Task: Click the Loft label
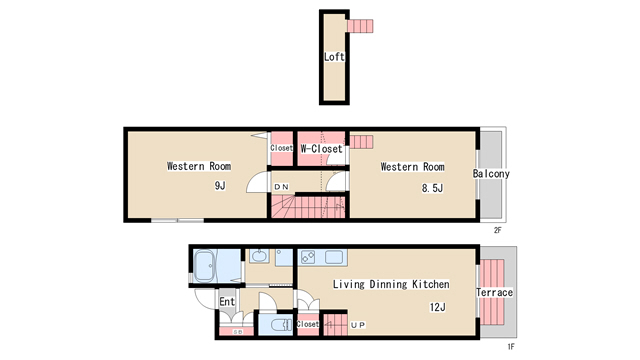334,57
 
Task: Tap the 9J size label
220,186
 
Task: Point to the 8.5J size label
432,188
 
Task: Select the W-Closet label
321,149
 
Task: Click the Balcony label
491,174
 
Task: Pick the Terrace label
494,292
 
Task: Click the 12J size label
438,307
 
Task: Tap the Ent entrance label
227,302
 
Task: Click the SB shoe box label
238,332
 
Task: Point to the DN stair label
282,187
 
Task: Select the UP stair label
358,325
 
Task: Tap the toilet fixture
280,325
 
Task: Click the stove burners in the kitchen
308,257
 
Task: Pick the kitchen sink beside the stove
334,257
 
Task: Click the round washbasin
259,256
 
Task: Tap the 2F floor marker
498,230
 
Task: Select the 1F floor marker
511,347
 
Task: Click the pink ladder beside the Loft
360,26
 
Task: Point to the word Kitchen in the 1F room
431,284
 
